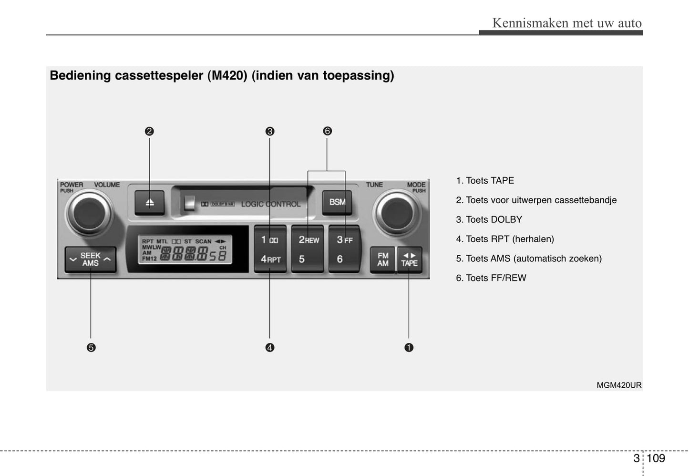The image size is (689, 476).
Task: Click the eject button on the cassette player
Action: [x=150, y=203]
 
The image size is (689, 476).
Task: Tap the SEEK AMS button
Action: [x=90, y=259]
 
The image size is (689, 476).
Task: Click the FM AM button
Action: [x=382, y=259]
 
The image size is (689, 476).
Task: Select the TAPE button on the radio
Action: [x=409, y=259]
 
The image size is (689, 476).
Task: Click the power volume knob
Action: [x=89, y=212]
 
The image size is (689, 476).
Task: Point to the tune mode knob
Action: [x=396, y=212]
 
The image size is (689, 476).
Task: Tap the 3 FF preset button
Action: [x=344, y=240]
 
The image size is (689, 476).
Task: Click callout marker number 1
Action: [x=409, y=348]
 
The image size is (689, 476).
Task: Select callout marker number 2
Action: [x=149, y=131]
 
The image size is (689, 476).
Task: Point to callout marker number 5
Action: [x=91, y=348]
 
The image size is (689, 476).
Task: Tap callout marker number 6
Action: [x=327, y=131]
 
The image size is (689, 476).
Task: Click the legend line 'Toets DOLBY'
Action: [x=489, y=219]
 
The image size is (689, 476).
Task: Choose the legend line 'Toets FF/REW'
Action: [x=491, y=278]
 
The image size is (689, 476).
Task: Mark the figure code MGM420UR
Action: [x=619, y=385]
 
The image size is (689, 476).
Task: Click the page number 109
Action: [x=656, y=458]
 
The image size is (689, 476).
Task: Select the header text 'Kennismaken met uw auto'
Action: [x=566, y=23]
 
